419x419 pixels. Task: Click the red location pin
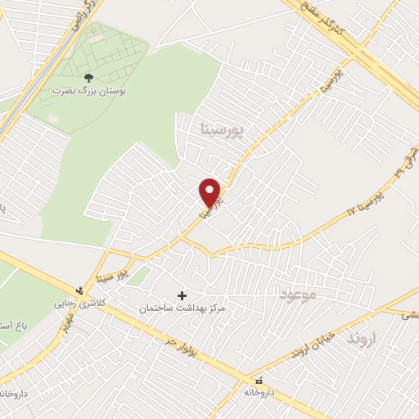point(210,193)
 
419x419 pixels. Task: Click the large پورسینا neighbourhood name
point(222,129)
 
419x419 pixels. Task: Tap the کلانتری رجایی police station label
point(79,304)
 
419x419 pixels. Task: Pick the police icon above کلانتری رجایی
point(79,291)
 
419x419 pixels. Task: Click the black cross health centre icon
point(182,295)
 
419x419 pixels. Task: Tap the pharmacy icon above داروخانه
point(259,381)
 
